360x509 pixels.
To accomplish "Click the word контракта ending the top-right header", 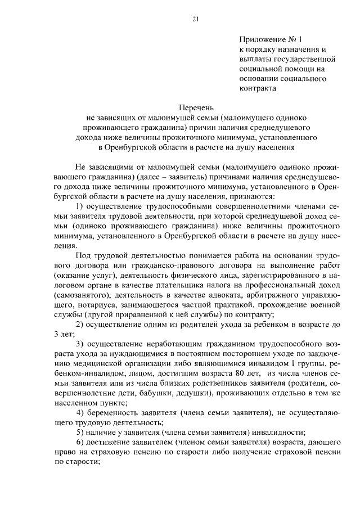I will (x=258, y=88).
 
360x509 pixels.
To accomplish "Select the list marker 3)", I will (x=79, y=343).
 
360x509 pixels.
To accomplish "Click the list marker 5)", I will (x=79, y=432).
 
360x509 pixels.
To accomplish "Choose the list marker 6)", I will (x=79, y=442).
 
